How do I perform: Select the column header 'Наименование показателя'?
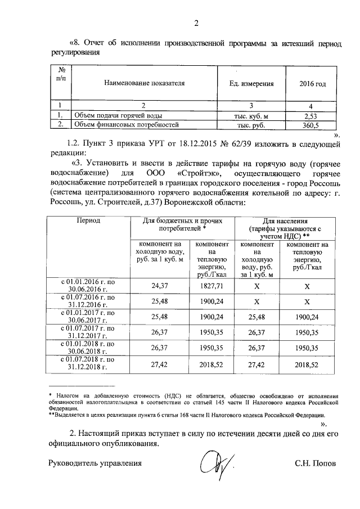[145, 83]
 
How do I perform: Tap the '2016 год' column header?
[312, 83]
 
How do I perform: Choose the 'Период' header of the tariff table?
[88, 220]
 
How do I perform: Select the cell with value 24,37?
[160, 286]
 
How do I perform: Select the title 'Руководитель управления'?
[94, 464]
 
